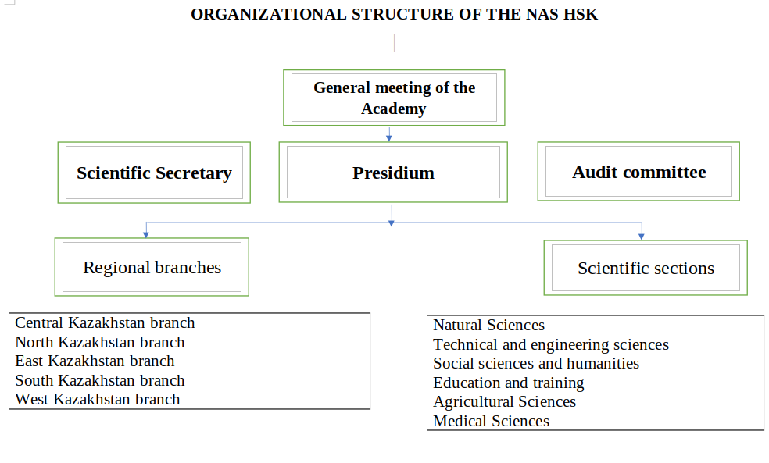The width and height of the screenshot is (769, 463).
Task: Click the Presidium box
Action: click(393, 173)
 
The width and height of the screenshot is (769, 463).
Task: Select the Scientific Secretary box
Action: click(154, 173)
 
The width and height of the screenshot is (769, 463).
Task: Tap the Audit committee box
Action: click(638, 172)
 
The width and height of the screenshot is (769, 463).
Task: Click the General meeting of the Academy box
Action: click(394, 98)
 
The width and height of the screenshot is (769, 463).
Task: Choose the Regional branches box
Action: click(152, 267)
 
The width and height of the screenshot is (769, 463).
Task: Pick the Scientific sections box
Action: click(646, 268)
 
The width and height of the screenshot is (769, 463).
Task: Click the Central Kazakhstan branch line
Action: click(105, 322)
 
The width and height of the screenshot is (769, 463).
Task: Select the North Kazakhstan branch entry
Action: click(100, 342)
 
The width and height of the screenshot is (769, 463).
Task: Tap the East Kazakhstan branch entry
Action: click(95, 361)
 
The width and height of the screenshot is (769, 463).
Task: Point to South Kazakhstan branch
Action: click(100, 380)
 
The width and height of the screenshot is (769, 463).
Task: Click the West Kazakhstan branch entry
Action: click(98, 399)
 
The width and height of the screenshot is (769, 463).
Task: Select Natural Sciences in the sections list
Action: click(488, 325)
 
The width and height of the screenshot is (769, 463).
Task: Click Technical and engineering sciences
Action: click(551, 344)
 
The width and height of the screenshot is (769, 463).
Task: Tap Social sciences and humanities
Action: click(536, 363)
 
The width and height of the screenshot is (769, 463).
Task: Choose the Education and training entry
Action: click(509, 383)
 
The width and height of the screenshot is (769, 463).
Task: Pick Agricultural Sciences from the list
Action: click(504, 401)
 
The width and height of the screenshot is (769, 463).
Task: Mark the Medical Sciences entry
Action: click(491, 421)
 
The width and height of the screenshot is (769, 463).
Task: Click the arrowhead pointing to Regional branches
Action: click(146, 234)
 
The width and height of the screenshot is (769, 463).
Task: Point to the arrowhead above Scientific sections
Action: click(642, 237)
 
